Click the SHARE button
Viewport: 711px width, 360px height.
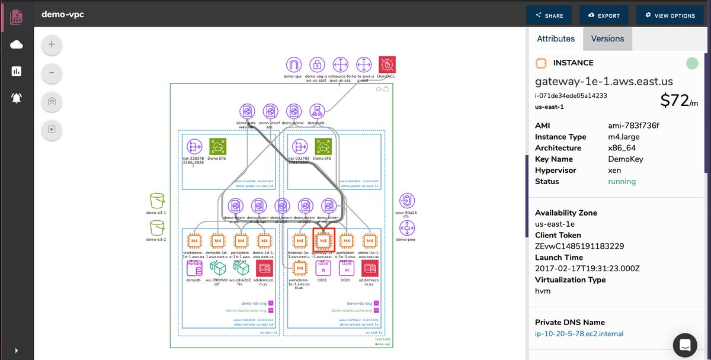pos(549,15)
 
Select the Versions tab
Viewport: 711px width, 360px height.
pos(607,38)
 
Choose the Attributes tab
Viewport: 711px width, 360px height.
pos(555,38)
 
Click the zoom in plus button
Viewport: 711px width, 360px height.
pos(52,44)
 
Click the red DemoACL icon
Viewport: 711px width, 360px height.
pos(387,65)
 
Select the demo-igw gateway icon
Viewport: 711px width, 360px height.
pos(294,65)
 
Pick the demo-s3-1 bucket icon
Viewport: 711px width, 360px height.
pos(157,200)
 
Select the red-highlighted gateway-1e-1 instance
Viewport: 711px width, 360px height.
pos(323,241)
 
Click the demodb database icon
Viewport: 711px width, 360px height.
pos(194,268)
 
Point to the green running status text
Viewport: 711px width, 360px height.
pos(622,182)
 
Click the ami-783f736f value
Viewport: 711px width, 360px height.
pos(633,126)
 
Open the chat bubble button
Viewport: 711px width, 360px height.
pos(685,344)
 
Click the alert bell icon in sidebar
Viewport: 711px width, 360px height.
pos(17,98)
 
